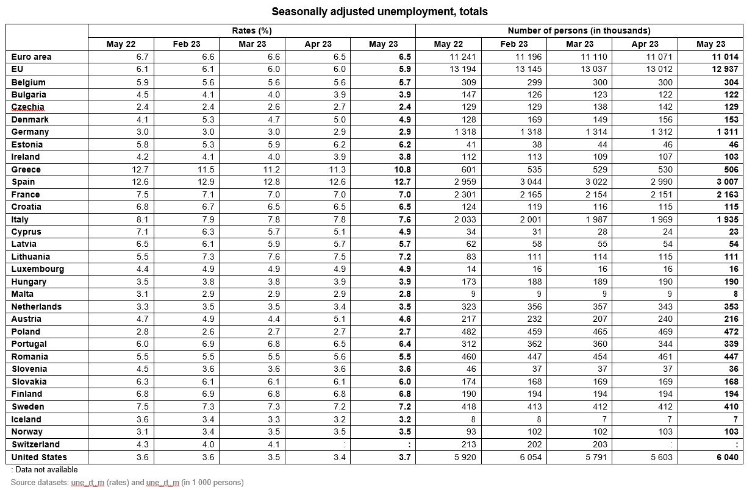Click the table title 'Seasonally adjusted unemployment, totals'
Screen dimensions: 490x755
379,12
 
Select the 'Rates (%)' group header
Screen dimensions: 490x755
252,30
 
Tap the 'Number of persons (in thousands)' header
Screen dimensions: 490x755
579,30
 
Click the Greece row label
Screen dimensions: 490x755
26,169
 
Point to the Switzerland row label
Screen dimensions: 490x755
36,444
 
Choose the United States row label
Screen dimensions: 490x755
39,457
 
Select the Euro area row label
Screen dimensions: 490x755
32,57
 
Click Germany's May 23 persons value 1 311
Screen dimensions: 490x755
726,132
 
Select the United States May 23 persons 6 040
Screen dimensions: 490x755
726,457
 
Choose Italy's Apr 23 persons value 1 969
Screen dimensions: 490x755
660,219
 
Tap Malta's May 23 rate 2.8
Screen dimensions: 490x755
403,294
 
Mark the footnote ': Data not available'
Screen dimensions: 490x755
45,469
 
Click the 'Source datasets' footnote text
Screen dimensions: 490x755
127,482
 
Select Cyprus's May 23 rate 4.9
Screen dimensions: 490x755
403,232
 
